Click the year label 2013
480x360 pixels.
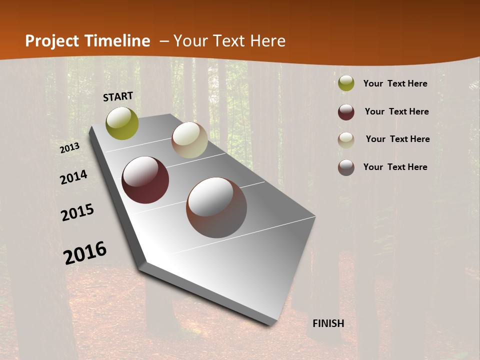coord(69,147)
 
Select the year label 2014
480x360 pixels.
coord(73,177)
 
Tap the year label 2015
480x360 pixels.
coord(77,212)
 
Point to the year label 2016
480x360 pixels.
coord(85,253)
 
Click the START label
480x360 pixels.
coord(118,96)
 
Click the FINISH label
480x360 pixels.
coord(328,323)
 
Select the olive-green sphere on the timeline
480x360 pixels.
coord(122,123)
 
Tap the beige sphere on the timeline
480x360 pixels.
coord(189,140)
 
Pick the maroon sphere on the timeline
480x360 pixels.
coord(145,180)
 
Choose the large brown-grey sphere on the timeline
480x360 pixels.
coord(216,207)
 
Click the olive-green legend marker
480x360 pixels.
coord(346,83)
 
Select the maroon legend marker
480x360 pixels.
coord(346,111)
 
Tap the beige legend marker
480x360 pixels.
coord(346,139)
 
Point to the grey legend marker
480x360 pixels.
coord(346,167)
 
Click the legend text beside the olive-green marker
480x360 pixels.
coord(395,83)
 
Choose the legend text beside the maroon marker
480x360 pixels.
coord(396,111)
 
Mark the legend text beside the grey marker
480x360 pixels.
coord(395,167)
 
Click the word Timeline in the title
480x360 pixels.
coord(117,41)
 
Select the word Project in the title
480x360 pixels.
coord(51,41)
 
